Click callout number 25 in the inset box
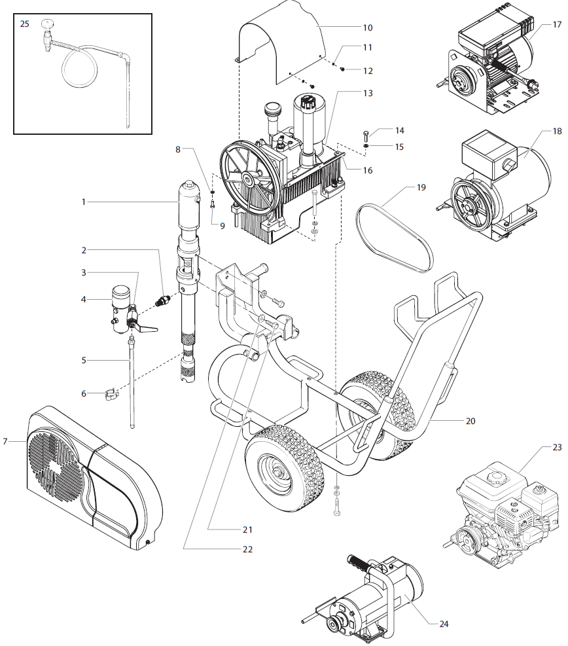tap(25, 24)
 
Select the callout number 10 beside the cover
tap(367, 27)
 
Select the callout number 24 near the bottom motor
tap(444, 623)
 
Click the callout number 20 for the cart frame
tap(470, 421)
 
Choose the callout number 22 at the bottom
tap(247, 549)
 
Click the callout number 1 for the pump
tap(84, 202)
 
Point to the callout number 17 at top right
tap(557, 25)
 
